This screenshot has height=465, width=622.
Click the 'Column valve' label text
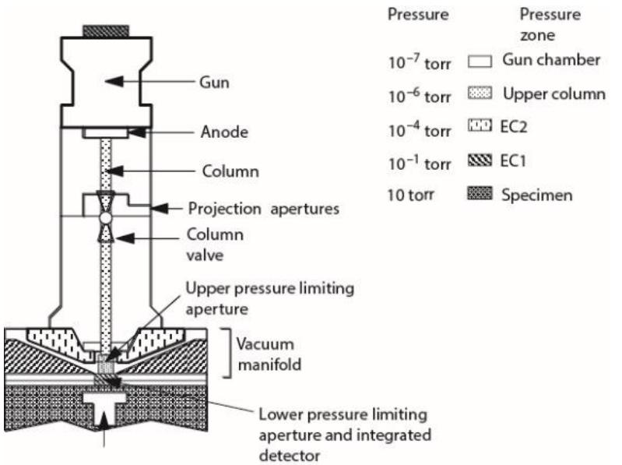[x=209, y=242]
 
